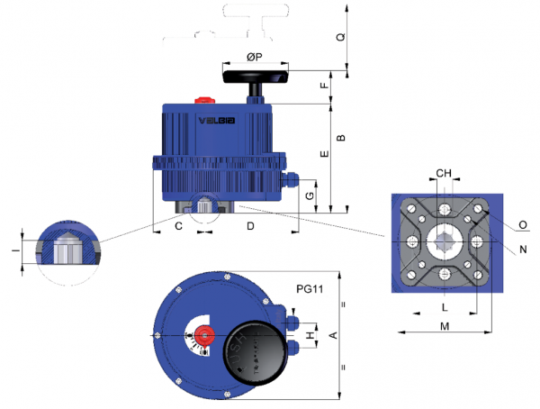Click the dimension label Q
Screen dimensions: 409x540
339,38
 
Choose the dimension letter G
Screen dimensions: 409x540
310,195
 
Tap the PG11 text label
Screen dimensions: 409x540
310,289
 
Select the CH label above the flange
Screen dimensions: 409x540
444,173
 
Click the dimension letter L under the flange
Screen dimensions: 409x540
444,307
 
